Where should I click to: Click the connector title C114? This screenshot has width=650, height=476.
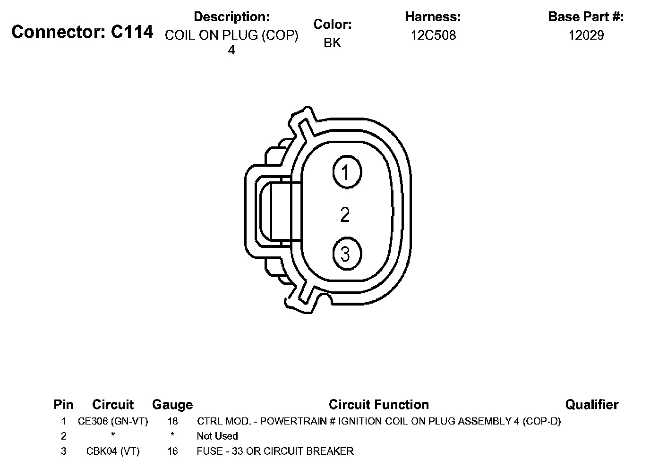click(82, 32)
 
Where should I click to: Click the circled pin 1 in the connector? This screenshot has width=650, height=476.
click(347, 172)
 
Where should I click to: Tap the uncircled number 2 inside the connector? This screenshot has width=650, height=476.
click(345, 215)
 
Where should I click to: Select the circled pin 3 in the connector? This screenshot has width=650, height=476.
click(347, 254)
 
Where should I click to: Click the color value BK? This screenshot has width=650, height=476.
click(332, 42)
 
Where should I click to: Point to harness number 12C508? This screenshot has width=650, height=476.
click(433, 35)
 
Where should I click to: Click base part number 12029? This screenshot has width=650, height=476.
click(586, 35)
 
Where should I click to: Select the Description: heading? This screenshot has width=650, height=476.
click(231, 17)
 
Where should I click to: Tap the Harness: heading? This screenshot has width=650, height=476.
click(433, 17)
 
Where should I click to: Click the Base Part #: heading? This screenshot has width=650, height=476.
click(586, 17)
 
